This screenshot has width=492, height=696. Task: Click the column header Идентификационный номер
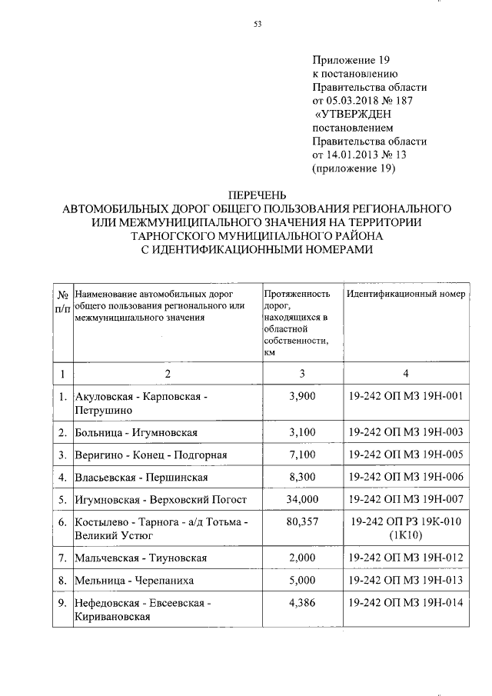[x=405, y=295]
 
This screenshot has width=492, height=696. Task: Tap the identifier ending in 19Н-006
[x=406, y=476]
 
